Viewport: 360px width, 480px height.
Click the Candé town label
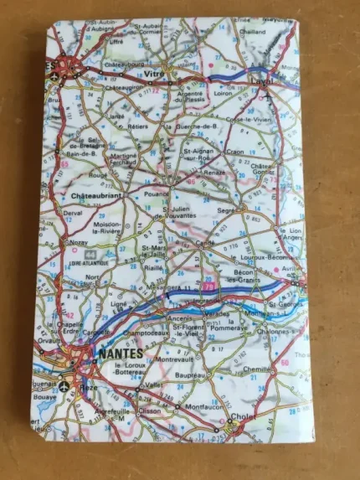(206, 244)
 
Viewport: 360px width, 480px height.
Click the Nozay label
(79, 240)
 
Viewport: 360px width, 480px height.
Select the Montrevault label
(174, 359)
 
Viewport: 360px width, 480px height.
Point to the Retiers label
(137, 126)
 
